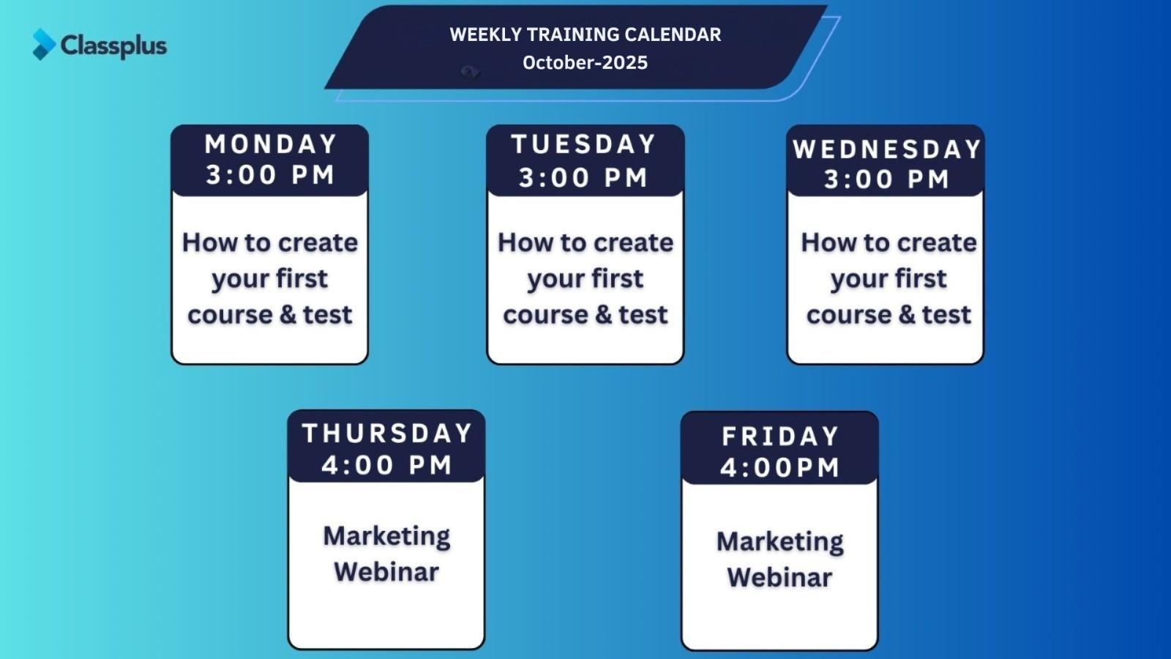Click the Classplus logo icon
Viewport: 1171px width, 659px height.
tap(44, 44)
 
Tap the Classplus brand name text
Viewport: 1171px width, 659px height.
tap(114, 46)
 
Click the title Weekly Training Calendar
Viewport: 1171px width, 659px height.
tap(585, 34)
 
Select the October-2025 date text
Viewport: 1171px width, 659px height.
tap(585, 63)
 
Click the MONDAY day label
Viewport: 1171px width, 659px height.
tap(270, 144)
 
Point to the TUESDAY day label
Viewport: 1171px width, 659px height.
tap(584, 144)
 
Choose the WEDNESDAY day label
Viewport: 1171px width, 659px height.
tap(886, 149)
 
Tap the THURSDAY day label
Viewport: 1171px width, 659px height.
tap(387, 433)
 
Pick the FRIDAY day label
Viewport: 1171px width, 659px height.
tap(780, 436)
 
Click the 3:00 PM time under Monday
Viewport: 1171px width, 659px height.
tap(270, 175)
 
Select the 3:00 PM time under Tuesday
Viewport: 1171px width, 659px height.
tap(583, 178)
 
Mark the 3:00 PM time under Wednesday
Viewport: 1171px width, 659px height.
tap(886, 179)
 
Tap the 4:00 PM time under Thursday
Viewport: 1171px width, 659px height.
tap(387, 465)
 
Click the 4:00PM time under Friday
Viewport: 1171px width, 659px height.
tap(780, 468)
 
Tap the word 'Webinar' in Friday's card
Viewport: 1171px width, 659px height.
tap(779, 578)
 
